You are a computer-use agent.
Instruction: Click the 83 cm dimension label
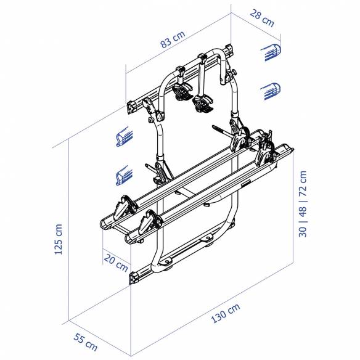(x=172, y=41)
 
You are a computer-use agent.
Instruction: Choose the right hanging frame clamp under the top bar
(x=202, y=102)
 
